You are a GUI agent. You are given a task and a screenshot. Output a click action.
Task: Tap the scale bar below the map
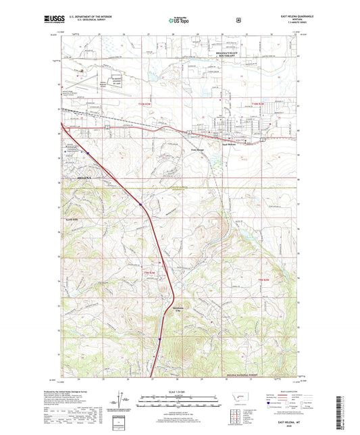(179, 399)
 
